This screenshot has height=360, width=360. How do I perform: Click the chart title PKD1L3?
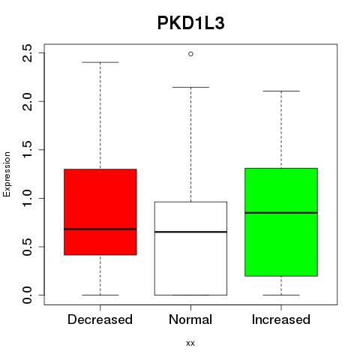(190, 23)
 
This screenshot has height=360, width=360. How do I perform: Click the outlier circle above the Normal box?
(190, 54)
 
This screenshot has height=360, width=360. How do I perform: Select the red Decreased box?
(100, 212)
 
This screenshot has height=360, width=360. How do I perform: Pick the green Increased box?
(281, 222)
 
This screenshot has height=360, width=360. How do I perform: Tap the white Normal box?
(190, 248)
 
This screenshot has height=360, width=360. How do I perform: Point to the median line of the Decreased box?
(100, 229)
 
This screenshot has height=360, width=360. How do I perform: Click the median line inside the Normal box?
(190, 232)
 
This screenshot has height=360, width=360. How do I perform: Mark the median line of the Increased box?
(281, 213)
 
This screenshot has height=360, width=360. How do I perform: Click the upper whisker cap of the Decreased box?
(100, 62)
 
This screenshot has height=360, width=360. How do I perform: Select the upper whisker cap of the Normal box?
(190, 87)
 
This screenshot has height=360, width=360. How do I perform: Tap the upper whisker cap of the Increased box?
(281, 91)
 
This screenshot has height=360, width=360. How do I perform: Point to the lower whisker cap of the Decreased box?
(100, 295)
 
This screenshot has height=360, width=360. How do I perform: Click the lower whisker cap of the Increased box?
(281, 295)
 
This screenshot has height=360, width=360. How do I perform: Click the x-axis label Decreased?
(100, 319)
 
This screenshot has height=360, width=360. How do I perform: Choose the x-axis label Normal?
(190, 319)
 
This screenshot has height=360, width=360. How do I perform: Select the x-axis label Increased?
(281, 319)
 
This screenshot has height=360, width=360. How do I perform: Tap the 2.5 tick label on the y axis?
(27, 53)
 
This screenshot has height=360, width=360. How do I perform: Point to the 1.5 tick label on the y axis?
(27, 150)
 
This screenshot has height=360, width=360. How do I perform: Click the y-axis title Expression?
(7, 174)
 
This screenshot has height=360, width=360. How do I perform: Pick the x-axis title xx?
(190, 343)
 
